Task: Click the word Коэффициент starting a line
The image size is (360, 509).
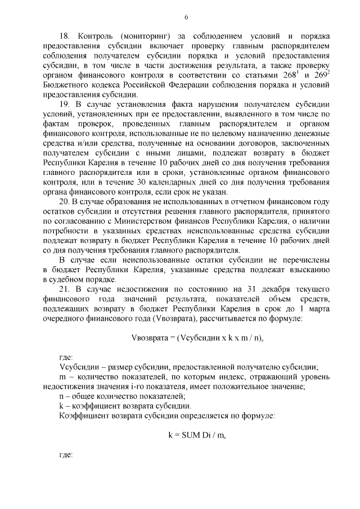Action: tap(85, 416)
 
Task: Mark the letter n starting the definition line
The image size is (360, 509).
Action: tap(61, 395)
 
